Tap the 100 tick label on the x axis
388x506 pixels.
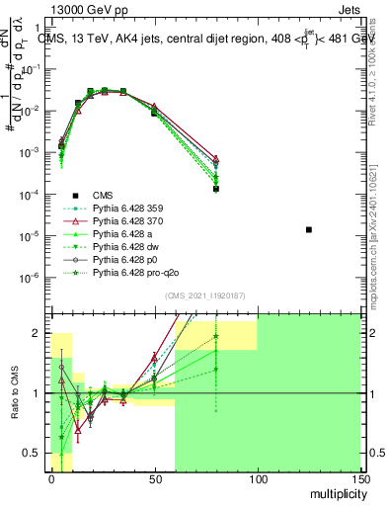[x=257, y=479]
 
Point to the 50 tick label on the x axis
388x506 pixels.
[x=154, y=479]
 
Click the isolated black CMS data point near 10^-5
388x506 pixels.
[x=309, y=230]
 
